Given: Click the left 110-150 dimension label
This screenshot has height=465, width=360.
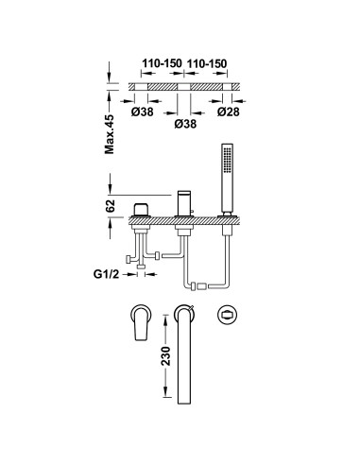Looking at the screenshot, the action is (162, 63).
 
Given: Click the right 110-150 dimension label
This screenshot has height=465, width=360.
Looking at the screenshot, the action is (207, 63).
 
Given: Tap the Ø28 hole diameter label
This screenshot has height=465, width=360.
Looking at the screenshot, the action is (229, 112).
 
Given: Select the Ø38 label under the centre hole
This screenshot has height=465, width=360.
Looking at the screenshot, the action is (185, 124).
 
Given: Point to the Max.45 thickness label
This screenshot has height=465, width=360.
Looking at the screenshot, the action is (110, 134).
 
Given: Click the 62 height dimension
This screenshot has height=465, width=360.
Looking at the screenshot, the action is (111, 206).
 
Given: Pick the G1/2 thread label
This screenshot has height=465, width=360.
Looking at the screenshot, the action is (107, 274).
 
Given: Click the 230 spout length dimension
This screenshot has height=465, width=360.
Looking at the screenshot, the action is (166, 356).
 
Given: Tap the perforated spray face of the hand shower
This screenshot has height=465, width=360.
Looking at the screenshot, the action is (227, 160).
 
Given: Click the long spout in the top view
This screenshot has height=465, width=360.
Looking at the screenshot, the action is (185, 354).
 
